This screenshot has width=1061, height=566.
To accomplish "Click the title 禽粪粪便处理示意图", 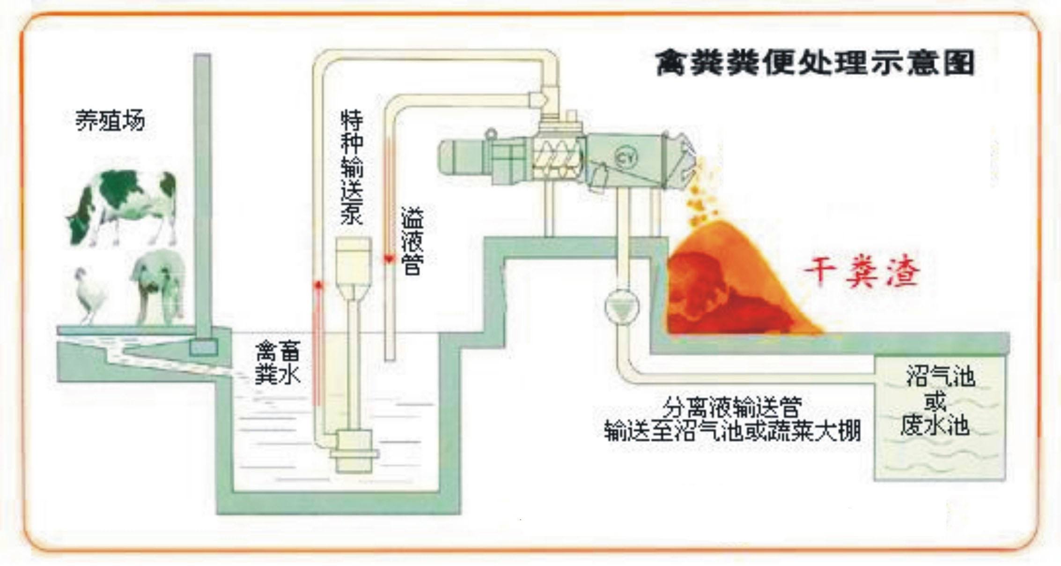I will pos(814,64).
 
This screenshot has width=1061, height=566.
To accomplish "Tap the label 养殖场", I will pos(111,121).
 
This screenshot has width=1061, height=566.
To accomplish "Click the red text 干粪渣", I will pos(862,272).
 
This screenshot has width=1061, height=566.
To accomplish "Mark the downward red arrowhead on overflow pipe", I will pos(389,259).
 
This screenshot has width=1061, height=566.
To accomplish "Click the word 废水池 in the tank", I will pos(935,426).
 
